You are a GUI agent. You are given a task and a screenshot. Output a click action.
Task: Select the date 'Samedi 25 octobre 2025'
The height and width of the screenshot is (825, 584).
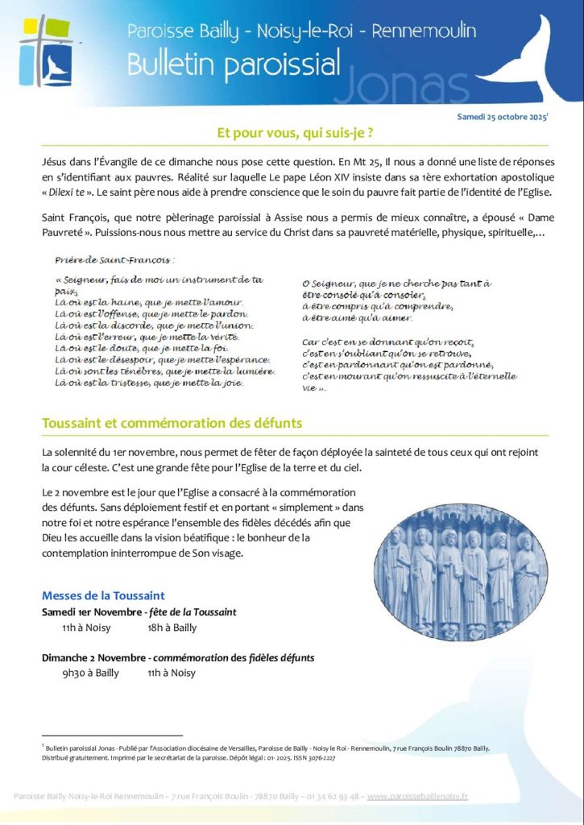502,117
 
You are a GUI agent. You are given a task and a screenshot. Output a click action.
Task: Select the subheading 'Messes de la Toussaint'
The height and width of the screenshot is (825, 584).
103,595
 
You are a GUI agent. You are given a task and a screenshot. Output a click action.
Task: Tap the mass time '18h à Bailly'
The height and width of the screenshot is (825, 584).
172,627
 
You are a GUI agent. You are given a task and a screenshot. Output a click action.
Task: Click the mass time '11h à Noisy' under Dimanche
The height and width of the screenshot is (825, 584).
172,673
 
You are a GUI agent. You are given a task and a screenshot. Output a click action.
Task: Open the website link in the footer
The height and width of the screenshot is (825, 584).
417,796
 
